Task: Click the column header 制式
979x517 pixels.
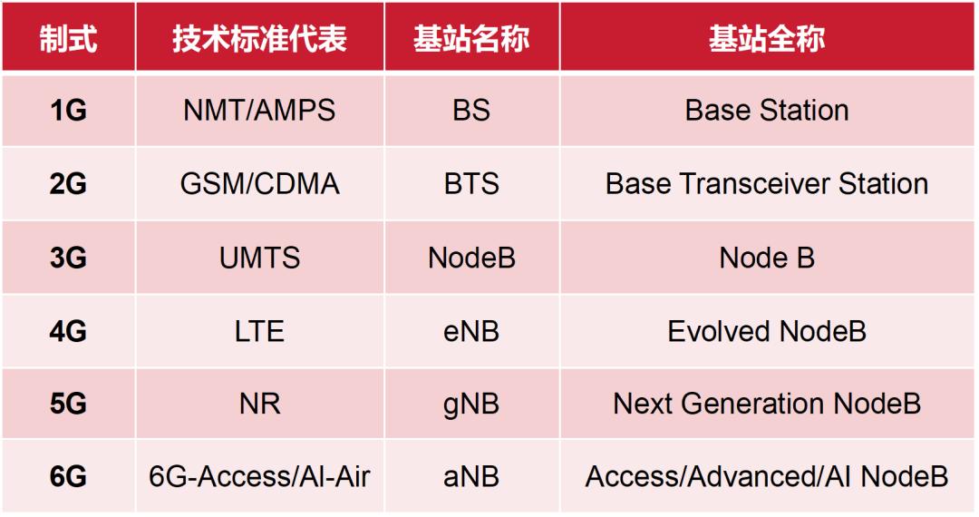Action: [68, 39]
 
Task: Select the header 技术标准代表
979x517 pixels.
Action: [260, 39]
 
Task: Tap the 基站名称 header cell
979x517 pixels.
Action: [471, 39]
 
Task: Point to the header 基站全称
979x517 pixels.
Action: [767, 39]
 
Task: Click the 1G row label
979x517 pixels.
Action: [68, 111]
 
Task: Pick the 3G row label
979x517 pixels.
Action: [68, 258]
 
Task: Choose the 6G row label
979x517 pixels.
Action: [68, 477]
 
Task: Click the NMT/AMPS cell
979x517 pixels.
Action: [260, 111]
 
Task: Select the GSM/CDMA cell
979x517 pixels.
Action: [260, 184]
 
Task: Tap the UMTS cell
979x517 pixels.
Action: [260, 258]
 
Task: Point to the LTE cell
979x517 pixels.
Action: [260, 332]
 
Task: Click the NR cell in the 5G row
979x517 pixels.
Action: [260, 404]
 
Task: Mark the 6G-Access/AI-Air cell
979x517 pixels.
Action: [260, 477]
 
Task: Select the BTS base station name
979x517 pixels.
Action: [471, 184]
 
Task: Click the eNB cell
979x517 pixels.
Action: [471, 332]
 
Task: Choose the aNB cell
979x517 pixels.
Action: [471, 477]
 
